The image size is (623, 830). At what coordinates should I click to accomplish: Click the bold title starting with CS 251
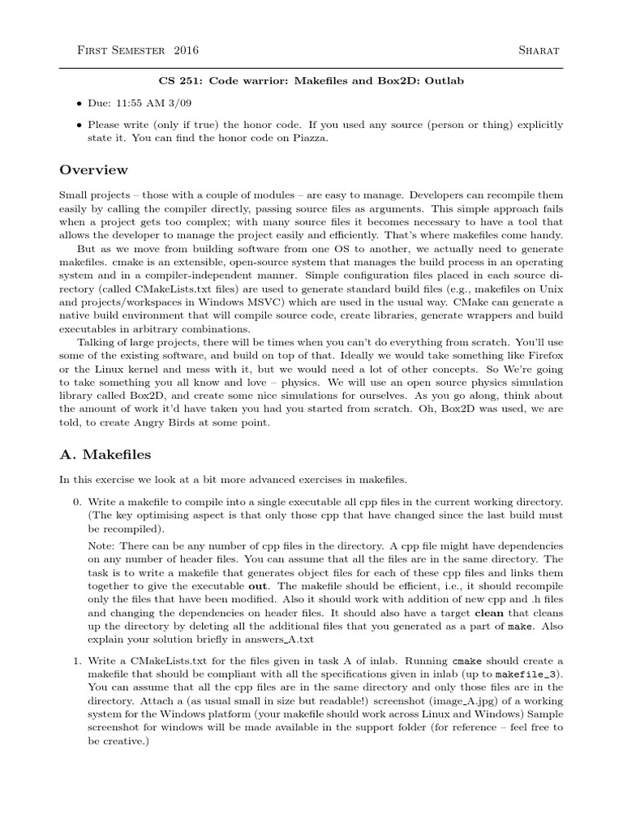311,83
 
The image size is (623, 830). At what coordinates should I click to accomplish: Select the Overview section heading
94,170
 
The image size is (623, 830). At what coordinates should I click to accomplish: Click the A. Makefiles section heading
105,455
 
